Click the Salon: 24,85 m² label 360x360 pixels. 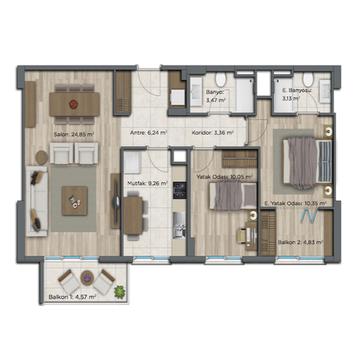pyautogui.click(x=73, y=134)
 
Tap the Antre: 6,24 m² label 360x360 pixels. pyautogui.click(x=148, y=132)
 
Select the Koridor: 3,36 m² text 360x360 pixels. pyautogui.click(x=212, y=132)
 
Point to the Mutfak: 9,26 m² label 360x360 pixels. pyautogui.click(x=148, y=184)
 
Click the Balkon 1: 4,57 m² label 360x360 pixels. pyautogui.click(x=73, y=297)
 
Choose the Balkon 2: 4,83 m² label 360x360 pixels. pyautogui.click(x=300, y=243)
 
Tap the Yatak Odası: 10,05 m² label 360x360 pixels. pyautogui.click(x=225, y=177)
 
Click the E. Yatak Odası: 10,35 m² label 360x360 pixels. pyautogui.click(x=295, y=204)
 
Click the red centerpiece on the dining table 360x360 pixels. pyautogui.click(x=73, y=104)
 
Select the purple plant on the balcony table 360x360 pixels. pyautogui.click(x=86, y=278)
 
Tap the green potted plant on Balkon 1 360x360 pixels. pyautogui.click(x=120, y=292)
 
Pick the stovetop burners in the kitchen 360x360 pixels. pyautogui.click(x=179, y=191)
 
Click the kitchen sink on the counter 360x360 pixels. pyautogui.click(x=179, y=225)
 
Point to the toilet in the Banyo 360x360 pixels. pyautogui.click(x=220, y=79)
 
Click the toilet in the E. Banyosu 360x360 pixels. pyautogui.click(x=308, y=79)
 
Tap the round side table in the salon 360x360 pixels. pyautogui.click(x=42, y=158)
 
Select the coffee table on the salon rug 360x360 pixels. pyautogui.click(x=74, y=201)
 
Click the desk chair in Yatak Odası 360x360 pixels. pyautogui.click(x=242, y=235)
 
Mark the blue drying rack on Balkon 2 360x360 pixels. pyautogui.click(x=310, y=215)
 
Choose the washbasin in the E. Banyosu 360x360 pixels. pyautogui.click(x=325, y=91)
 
